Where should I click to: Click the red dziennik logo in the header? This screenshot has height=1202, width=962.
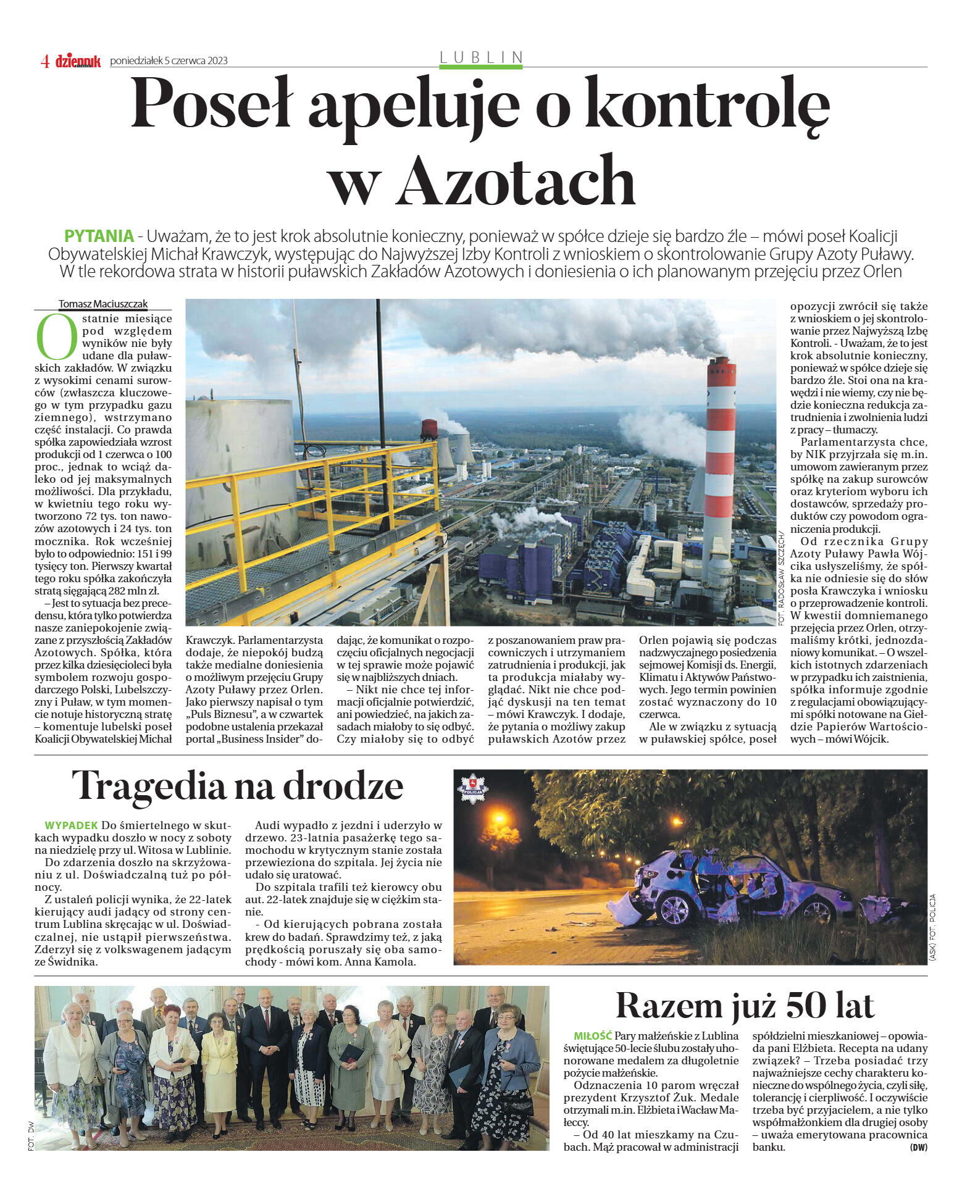pos(78,61)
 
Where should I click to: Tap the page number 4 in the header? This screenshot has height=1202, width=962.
pos(44,61)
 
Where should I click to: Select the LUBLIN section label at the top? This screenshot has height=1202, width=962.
pos(481,57)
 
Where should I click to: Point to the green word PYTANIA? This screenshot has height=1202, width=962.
pos(99,236)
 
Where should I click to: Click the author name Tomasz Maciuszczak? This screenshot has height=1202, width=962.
pos(103,304)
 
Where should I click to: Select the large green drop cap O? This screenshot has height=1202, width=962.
pos(56,337)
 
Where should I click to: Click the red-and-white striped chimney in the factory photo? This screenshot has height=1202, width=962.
pos(720,444)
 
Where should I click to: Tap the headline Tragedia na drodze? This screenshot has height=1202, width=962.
pos(238,786)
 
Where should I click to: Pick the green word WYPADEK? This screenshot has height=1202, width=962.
pos(71,825)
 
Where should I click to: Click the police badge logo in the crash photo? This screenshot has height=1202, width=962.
pos(472,788)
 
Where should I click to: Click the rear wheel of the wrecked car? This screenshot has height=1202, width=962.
pos(674,909)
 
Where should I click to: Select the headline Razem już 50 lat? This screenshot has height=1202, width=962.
pos(745,1005)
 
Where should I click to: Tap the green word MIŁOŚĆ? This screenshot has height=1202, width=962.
pos(592,1036)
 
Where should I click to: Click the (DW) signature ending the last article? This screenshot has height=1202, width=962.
pos(918,1148)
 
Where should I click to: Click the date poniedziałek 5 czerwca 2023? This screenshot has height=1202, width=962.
pos(169,61)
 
